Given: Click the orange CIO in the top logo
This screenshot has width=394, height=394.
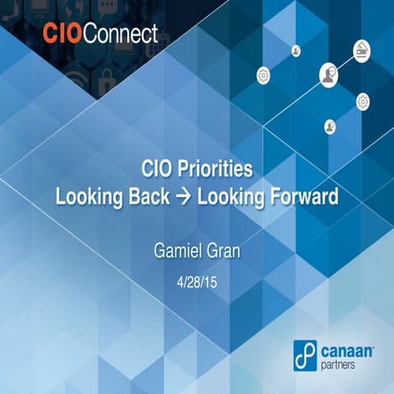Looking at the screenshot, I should point(59,34).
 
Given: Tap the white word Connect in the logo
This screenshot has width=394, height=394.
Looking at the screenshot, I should point(120,34).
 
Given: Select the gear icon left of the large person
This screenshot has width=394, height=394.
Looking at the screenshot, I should point(263,76).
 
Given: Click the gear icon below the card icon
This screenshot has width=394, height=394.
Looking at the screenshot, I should point(363,101).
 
